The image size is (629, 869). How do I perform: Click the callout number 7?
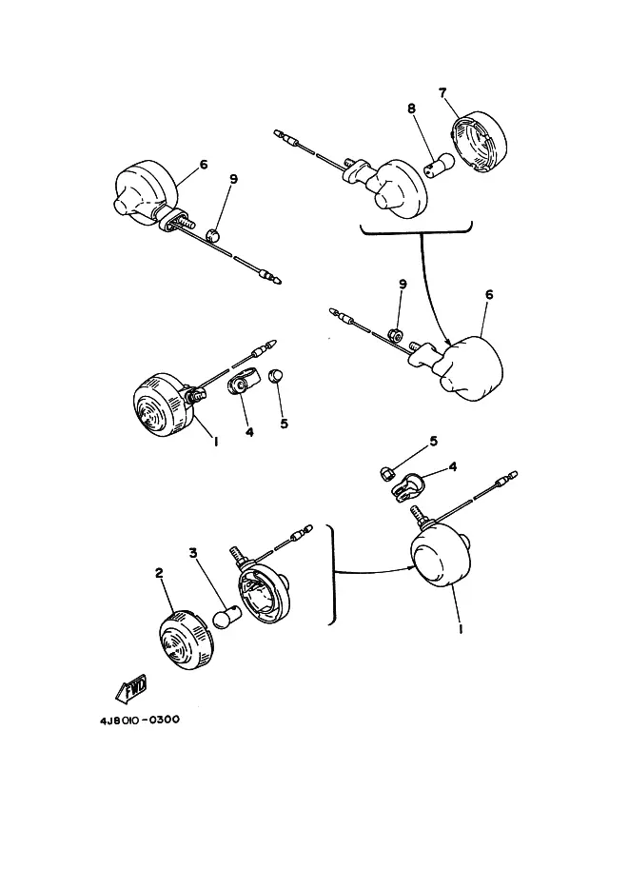coord(442,92)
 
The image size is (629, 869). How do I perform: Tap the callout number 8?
coord(411,109)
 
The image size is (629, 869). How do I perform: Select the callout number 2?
coord(159,573)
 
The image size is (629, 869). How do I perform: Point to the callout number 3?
coord(193,553)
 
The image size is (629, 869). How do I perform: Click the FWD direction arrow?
coord(130,688)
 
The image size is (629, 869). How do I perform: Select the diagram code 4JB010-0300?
coord(140,720)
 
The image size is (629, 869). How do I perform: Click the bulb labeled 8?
coord(439,166)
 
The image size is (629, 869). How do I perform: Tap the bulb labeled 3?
coord(227,618)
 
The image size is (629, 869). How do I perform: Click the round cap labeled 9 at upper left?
coord(213,235)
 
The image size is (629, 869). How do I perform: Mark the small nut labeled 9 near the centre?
coord(396,334)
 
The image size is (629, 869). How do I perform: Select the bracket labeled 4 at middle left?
coord(241,382)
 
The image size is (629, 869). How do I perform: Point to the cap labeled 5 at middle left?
coord(276,375)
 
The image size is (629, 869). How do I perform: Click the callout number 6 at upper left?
coord(204,165)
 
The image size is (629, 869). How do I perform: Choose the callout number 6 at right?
coord(489,294)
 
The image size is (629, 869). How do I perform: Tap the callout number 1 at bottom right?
coord(462,629)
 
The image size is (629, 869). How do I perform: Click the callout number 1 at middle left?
coord(216,441)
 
